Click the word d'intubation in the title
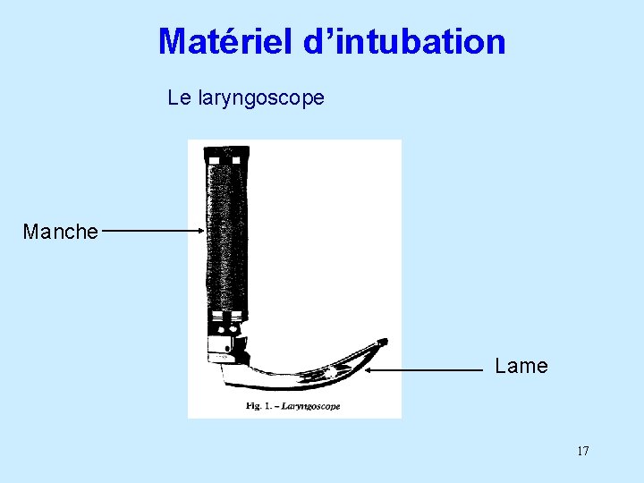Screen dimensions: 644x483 click(404, 41)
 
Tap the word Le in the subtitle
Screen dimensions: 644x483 click(179, 97)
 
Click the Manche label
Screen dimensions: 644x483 click(60, 232)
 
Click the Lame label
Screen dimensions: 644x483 click(521, 366)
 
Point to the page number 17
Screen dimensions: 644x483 click(582, 451)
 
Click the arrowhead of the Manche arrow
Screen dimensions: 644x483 click(201, 231)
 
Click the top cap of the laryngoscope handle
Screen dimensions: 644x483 click(225, 153)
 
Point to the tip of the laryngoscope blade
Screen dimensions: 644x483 click(384, 341)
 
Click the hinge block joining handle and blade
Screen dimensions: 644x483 click(225, 344)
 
